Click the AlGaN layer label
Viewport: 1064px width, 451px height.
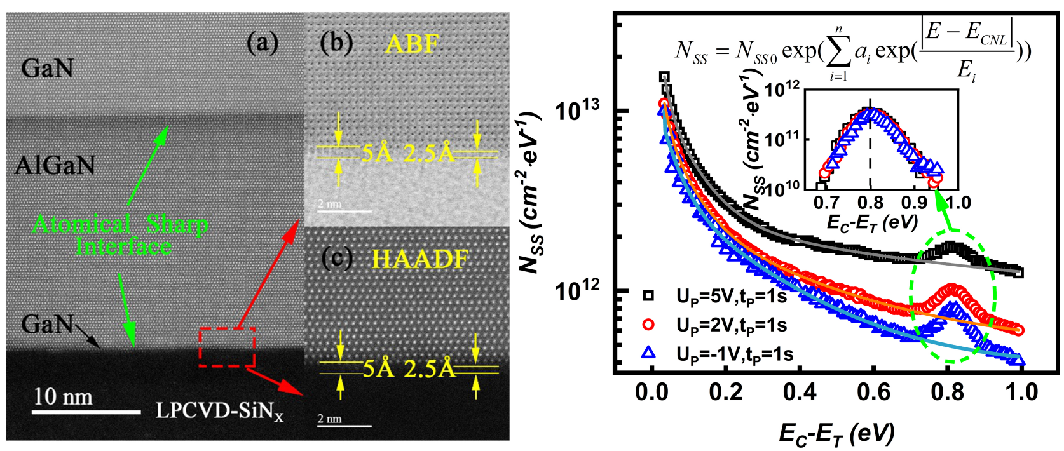[55, 166]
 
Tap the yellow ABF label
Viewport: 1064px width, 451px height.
[413, 44]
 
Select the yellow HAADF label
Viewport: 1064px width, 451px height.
[419, 259]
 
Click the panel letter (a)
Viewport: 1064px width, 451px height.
[263, 43]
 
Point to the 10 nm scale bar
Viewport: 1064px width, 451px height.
[86, 412]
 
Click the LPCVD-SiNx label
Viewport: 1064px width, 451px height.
[219, 411]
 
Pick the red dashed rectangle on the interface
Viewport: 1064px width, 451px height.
[227, 347]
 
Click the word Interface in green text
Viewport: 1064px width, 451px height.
[124, 246]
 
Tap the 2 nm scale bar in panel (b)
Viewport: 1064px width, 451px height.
[344, 211]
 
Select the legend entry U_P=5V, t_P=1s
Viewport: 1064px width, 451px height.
[731, 296]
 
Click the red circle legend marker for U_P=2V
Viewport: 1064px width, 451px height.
[648, 325]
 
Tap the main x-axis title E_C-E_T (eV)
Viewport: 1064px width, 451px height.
[836, 434]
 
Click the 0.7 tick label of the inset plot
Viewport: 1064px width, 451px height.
[827, 203]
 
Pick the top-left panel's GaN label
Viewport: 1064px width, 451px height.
[47, 69]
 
